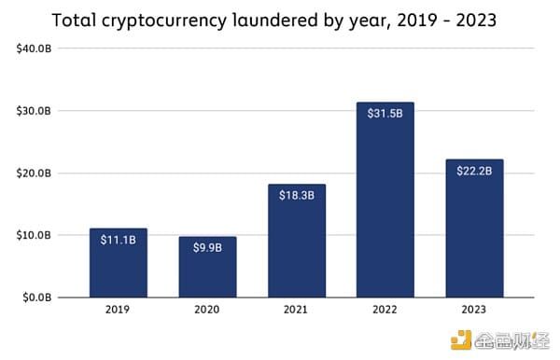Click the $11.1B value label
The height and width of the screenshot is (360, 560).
point(118,240)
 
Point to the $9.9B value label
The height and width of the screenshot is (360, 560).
point(207,248)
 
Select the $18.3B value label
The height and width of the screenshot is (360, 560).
point(297,195)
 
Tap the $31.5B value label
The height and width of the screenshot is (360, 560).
point(385,114)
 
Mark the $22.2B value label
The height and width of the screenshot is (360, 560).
point(475,171)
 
